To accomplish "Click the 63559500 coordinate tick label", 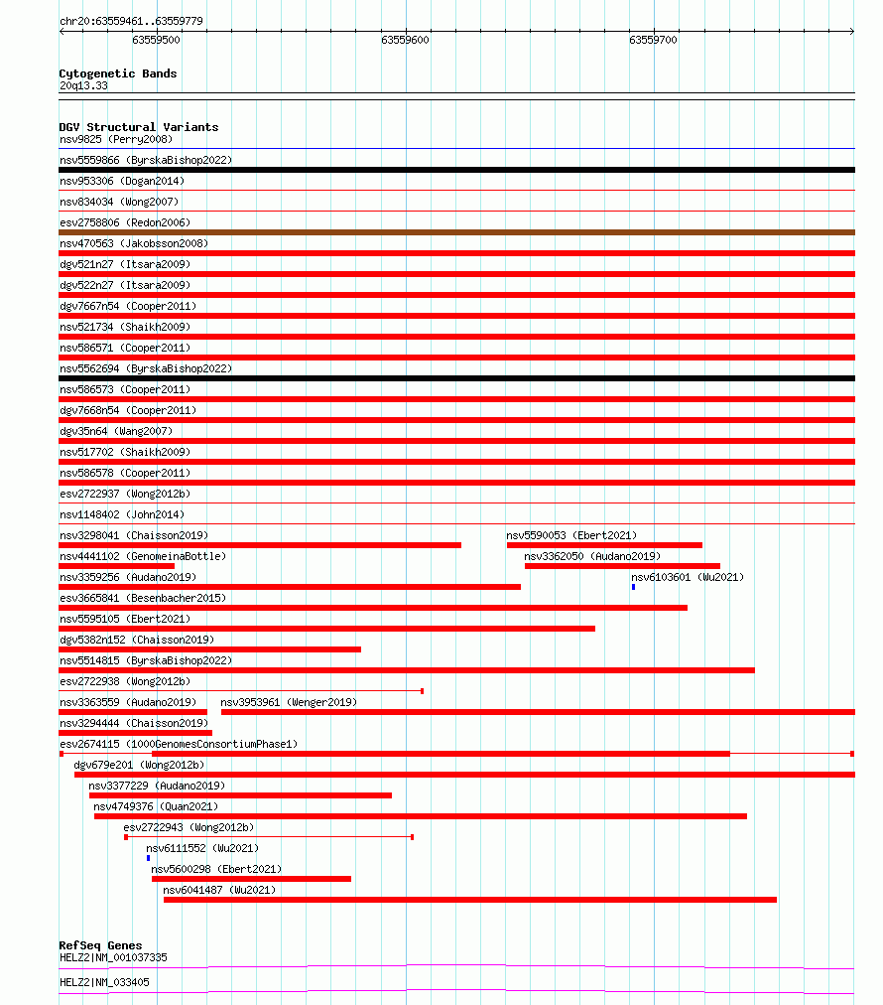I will tap(156, 40).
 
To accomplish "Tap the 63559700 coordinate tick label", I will tap(653, 40).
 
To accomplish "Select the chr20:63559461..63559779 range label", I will tap(132, 21).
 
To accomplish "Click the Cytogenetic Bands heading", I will tap(117, 73).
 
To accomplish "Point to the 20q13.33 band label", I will tap(83, 85).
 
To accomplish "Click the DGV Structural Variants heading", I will tap(138, 127).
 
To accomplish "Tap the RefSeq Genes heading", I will tap(100, 945).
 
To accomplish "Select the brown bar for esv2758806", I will tap(456, 232).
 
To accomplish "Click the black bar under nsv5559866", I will tap(456, 170).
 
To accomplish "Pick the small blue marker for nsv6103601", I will tap(633, 587).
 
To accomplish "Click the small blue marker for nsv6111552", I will tap(148, 858).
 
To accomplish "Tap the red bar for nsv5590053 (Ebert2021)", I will tap(604, 545).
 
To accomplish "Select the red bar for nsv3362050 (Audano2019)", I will tap(622, 566).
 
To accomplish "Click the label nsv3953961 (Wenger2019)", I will tap(288, 702).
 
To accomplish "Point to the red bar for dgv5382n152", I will tap(209, 649).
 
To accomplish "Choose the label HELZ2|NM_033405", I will tap(104, 982).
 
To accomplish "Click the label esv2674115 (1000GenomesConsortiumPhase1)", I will tap(178, 744).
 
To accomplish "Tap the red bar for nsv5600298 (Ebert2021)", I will tap(251, 879).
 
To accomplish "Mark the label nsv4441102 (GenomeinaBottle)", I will tap(142, 556).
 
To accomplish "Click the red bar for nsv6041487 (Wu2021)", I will tap(469, 900).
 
